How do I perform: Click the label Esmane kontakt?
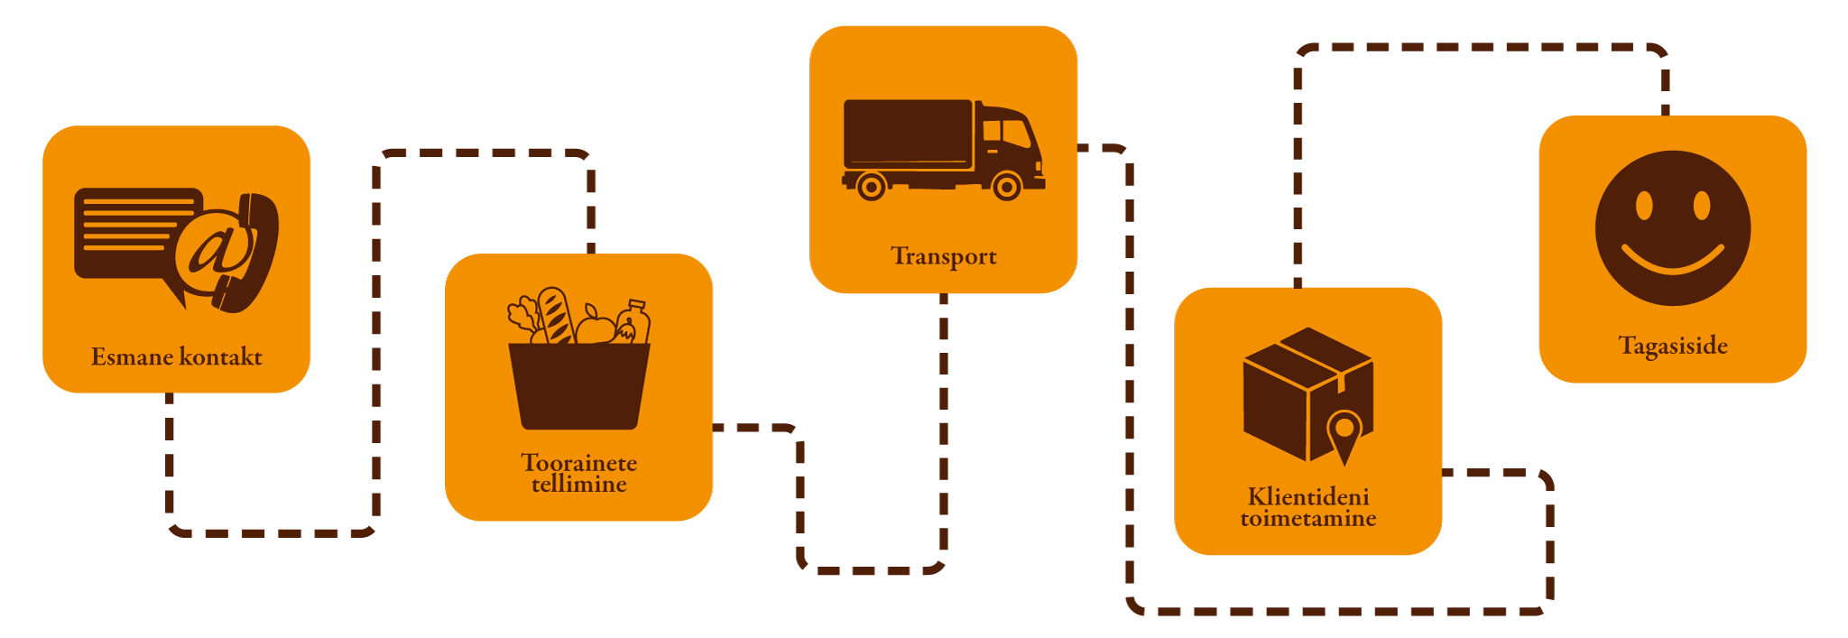(x=176, y=356)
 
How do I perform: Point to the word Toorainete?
(x=578, y=463)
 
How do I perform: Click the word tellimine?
(x=578, y=485)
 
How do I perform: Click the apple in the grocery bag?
(x=595, y=327)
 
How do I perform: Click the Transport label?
(x=944, y=256)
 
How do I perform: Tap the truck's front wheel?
(x=1006, y=187)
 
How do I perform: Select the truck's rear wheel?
(x=871, y=187)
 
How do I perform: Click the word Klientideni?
(x=1308, y=497)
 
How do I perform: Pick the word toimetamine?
(x=1308, y=519)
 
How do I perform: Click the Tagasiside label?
(x=1673, y=346)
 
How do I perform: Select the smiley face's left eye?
(x=1644, y=206)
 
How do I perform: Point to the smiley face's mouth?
(x=1673, y=263)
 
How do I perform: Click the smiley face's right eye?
(x=1702, y=206)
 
